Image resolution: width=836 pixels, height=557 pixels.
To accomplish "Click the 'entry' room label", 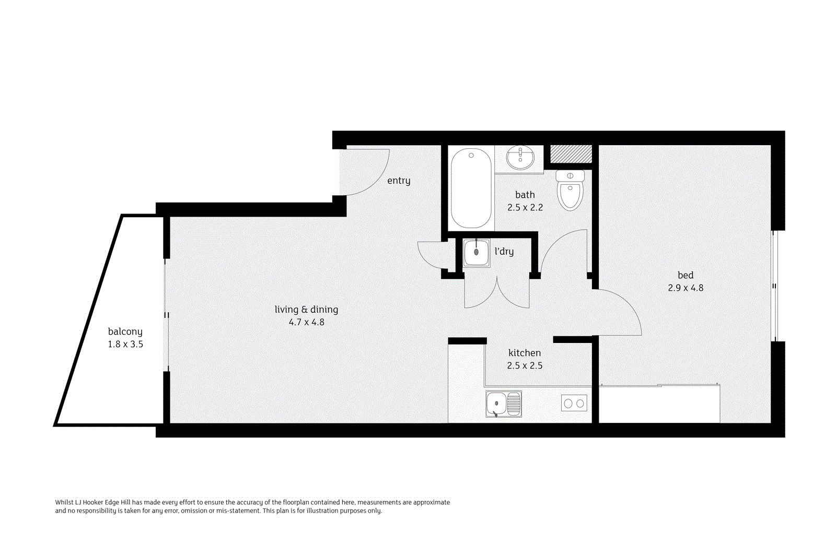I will [399, 181].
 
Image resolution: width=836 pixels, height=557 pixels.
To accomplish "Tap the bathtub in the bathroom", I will [471, 188].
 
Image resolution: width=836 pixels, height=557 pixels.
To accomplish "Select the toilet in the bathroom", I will [570, 191].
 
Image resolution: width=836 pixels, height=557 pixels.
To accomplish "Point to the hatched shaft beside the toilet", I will [571, 154].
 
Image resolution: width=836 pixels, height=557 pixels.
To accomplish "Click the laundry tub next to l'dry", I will [477, 253].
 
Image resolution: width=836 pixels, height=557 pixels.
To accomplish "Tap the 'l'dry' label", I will [504, 252].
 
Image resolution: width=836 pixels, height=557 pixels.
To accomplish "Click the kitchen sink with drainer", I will [504, 404].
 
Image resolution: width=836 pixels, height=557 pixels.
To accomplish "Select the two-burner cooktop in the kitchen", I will [574, 404].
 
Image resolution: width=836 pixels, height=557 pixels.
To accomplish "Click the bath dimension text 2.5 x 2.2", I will [525, 207].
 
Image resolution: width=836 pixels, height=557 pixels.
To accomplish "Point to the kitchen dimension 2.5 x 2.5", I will [525, 365].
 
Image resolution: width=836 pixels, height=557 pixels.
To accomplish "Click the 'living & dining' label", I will [306, 310].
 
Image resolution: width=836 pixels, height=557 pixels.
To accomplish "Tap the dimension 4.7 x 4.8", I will [306, 322].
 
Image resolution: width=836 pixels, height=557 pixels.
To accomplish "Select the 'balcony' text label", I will [125, 331].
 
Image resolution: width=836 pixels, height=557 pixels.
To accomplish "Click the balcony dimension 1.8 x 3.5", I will [125, 344].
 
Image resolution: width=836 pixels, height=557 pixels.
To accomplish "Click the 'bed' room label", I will [686, 275].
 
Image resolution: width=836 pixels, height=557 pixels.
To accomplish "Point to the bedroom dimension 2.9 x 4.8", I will [686, 288].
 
